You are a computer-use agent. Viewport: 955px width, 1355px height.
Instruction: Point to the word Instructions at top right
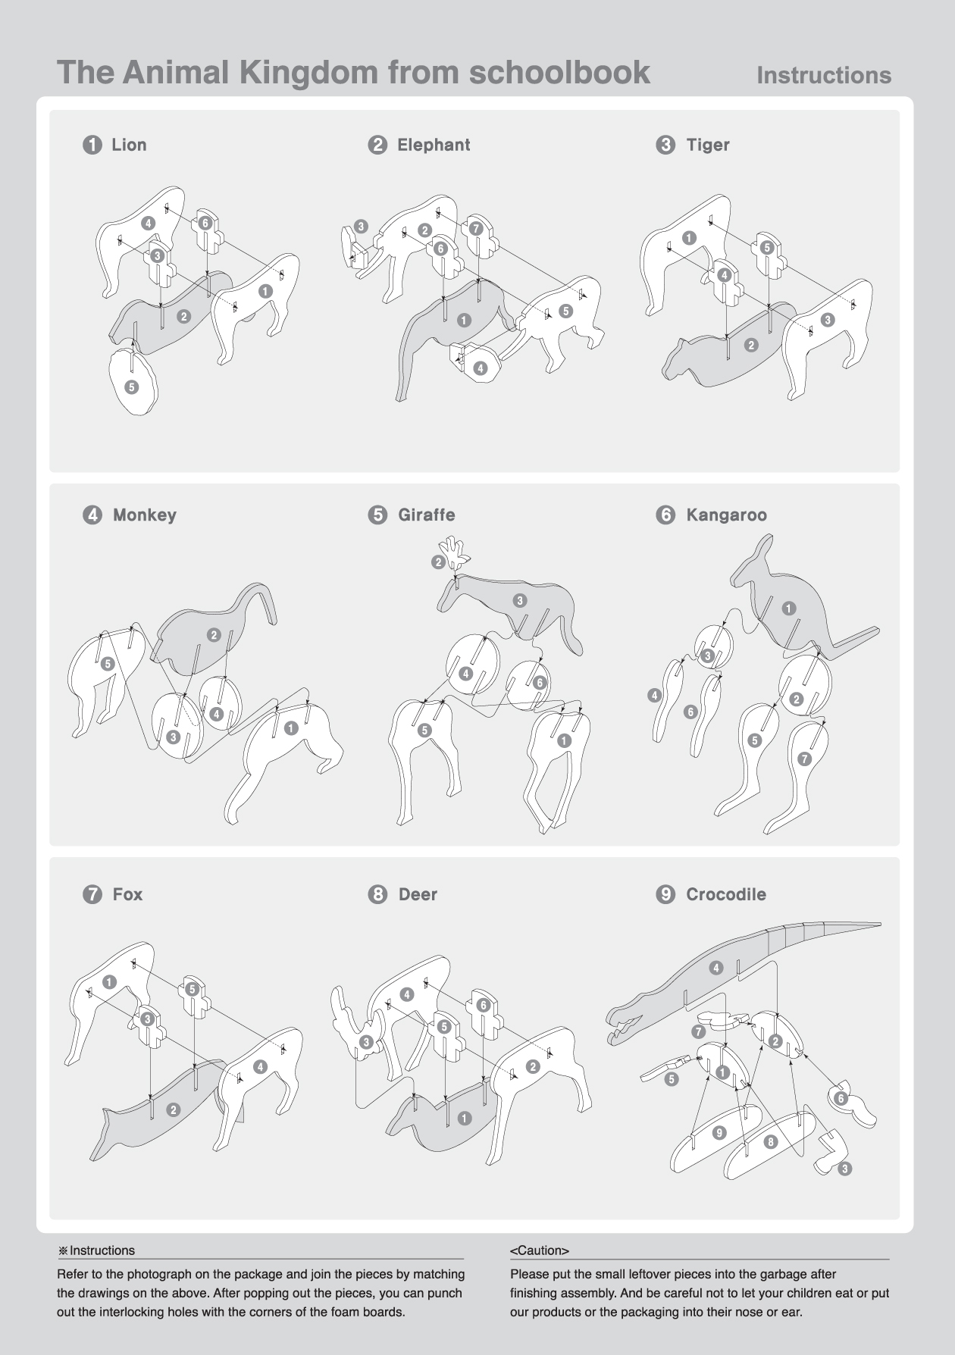(x=824, y=75)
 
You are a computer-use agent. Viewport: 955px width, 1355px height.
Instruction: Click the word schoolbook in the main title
(x=559, y=72)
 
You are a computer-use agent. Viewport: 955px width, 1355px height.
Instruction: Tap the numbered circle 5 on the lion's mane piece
(x=131, y=387)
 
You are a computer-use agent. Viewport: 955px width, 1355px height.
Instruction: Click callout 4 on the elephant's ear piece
(x=480, y=368)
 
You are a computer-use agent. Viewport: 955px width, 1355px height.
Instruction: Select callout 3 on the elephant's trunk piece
(x=361, y=226)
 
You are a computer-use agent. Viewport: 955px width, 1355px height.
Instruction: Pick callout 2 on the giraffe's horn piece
(x=438, y=562)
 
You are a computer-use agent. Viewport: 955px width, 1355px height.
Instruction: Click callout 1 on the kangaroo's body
(x=789, y=608)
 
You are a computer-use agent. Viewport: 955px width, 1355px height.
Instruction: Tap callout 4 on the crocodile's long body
(x=716, y=968)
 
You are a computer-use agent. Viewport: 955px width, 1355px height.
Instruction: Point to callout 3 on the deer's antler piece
(x=366, y=1042)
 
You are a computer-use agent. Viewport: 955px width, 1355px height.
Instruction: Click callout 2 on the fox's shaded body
(x=174, y=1109)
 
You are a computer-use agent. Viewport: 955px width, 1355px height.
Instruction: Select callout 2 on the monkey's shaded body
(x=214, y=635)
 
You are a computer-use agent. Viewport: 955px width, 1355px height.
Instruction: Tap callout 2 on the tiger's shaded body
(x=751, y=345)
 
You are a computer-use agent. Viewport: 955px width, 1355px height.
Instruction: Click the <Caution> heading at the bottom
(x=540, y=1250)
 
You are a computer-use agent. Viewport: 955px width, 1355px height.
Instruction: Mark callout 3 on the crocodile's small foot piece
(x=844, y=1169)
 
